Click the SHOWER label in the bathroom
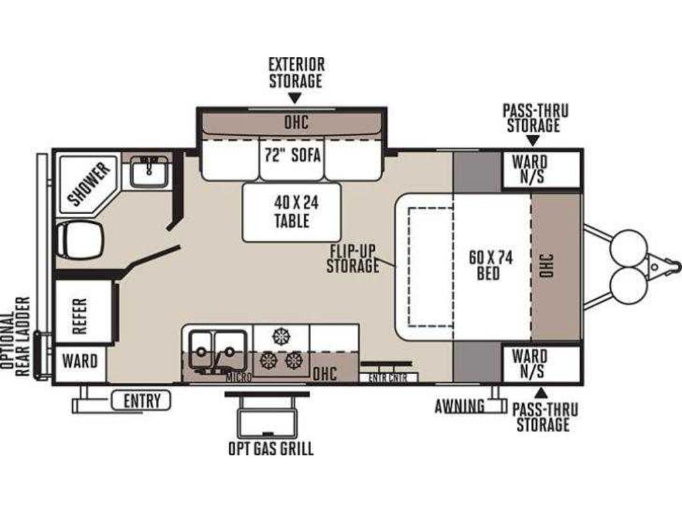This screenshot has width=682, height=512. (89, 184)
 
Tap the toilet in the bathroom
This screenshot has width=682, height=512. (80, 241)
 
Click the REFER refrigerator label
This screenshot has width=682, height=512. (80, 315)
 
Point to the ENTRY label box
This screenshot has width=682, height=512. (141, 401)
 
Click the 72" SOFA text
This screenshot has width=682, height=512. (292, 155)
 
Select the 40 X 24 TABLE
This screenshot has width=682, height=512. (292, 213)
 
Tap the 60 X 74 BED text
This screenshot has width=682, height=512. (491, 265)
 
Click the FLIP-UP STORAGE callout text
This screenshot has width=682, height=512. (353, 259)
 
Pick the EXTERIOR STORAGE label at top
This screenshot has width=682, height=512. (296, 72)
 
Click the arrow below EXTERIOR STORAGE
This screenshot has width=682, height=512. (295, 99)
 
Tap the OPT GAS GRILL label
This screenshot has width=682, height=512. (271, 449)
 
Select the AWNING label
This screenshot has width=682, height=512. (460, 406)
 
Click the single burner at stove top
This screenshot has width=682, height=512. (280, 336)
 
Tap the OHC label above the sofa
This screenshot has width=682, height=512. (296, 122)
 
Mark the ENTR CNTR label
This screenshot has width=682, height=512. (388, 378)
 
